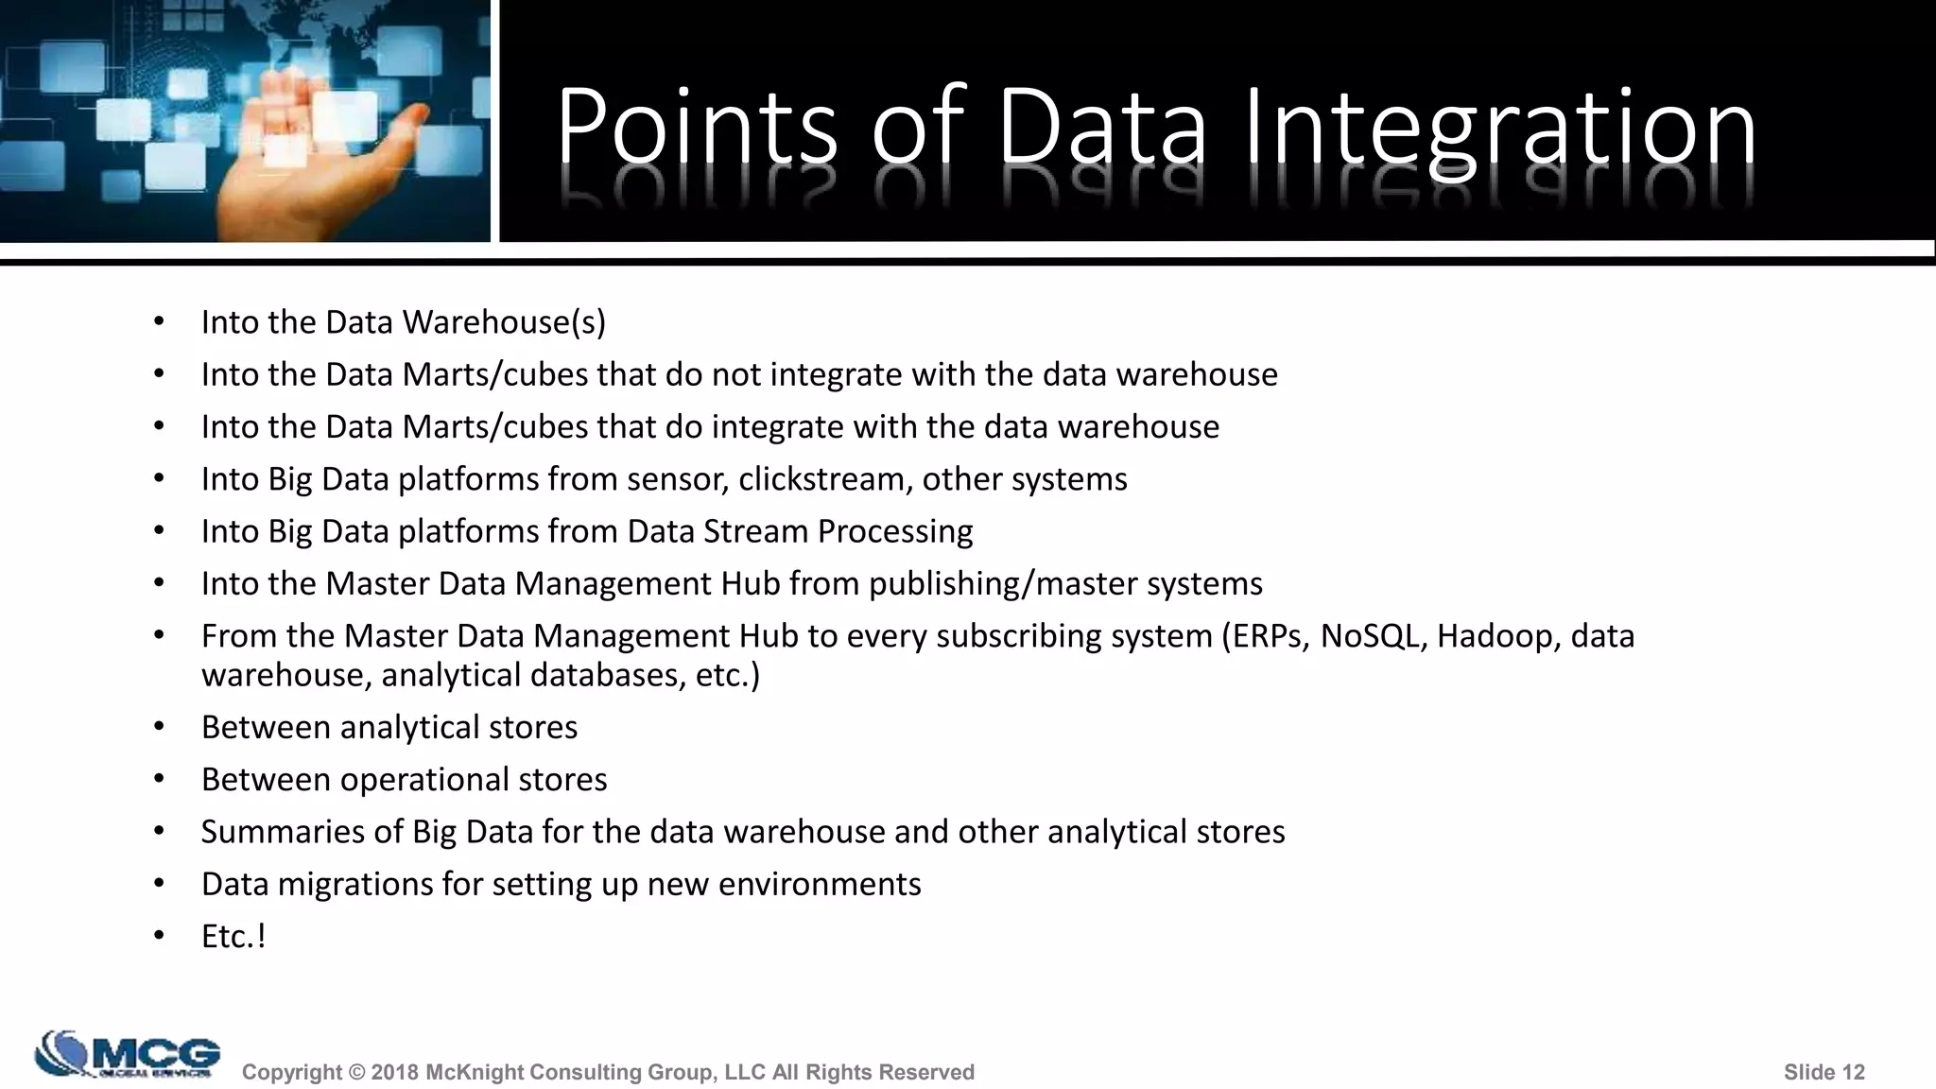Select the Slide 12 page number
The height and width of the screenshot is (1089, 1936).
coord(1824,1072)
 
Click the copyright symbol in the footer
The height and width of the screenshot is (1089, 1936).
coord(356,1072)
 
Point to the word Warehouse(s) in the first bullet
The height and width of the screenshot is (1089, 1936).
coord(504,322)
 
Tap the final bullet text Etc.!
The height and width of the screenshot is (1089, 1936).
coord(233,937)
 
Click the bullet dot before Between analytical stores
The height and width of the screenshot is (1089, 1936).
coord(159,727)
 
